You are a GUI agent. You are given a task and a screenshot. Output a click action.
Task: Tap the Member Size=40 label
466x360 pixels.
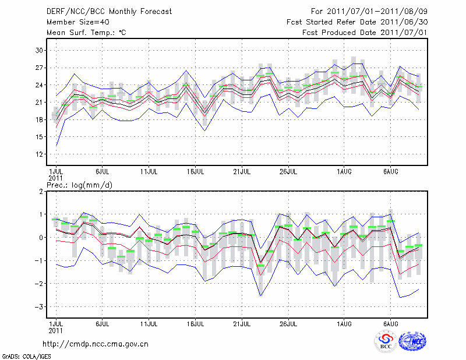tap(75, 22)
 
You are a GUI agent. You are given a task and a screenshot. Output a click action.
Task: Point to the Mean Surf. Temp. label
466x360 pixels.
tap(86, 33)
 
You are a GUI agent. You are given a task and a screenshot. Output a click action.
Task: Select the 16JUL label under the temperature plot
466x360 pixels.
tap(196, 172)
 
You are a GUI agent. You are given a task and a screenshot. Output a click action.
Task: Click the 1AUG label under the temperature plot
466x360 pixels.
tap(345, 172)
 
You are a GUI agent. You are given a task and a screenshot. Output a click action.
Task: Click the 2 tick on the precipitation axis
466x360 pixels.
tap(42, 192)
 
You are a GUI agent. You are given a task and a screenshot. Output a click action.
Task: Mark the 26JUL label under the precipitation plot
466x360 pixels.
tap(288, 323)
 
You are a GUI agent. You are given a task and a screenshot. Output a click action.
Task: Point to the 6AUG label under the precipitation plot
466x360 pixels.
tap(391, 323)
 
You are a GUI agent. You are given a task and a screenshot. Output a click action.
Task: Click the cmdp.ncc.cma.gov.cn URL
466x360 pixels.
tap(96, 344)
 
